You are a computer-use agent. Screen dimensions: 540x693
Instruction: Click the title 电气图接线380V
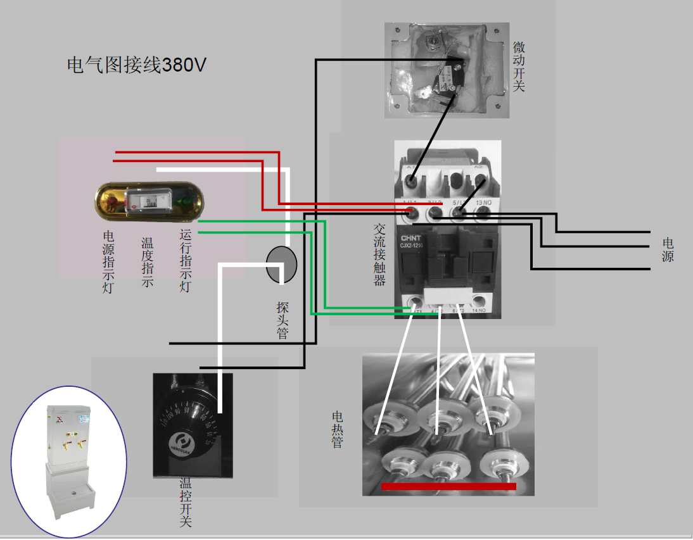(137, 65)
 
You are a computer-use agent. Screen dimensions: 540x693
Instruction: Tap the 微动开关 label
(519, 66)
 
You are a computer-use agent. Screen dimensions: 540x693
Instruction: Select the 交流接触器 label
(379, 254)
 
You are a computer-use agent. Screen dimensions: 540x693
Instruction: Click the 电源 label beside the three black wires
(668, 249)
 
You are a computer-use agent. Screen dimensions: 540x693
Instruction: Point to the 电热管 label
(338, 430)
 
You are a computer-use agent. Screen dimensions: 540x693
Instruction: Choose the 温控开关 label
(186, 503)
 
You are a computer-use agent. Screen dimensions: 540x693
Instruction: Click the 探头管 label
(283, 320)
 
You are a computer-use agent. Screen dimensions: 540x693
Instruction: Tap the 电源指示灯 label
(108, 260)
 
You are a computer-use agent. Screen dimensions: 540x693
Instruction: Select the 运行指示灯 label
(186, 260)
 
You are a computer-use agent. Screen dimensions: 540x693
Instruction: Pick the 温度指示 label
(147, 262)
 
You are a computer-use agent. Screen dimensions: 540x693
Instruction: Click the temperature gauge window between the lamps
(149, 201)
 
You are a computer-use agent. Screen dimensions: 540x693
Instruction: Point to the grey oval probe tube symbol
(281, 265)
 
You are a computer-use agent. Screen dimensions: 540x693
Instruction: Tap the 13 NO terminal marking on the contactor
(483, 202)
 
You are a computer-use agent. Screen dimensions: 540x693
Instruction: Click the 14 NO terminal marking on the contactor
(478, 311)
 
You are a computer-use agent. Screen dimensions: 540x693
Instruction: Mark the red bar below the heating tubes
(448, 486)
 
